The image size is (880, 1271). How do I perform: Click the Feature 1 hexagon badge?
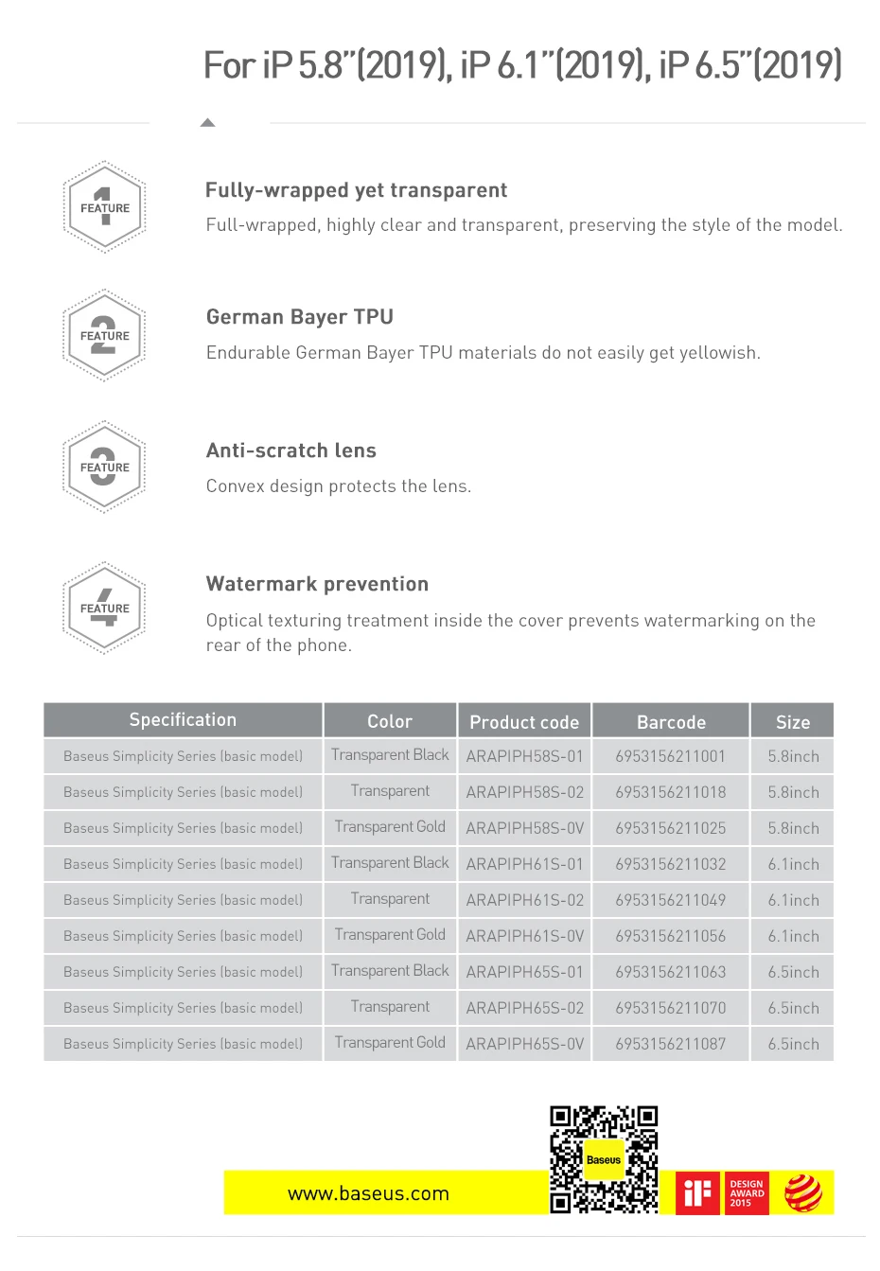(104, 207)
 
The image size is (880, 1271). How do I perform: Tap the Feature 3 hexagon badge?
(104, 467)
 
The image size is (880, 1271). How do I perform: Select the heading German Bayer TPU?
(300, 317)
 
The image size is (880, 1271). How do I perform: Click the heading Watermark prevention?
(317, 584)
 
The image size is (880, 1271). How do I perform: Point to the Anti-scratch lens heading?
(291, 450)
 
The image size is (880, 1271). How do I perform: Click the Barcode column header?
(671, 722)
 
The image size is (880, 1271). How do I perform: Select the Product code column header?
(524, 722)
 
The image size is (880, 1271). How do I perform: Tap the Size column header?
(793, 722)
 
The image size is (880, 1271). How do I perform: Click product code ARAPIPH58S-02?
(525, 792)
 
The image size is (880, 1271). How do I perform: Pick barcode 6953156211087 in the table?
(671, 1044)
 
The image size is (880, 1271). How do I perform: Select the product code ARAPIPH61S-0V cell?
(525, 936)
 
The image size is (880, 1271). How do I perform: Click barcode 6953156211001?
(671, 756)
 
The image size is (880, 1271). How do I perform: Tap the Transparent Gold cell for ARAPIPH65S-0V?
(390, 1043)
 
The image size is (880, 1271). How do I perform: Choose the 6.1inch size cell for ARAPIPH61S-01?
(793, 864)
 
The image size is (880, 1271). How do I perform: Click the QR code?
(604, 1159)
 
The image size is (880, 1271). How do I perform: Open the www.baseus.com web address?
(368, 1193)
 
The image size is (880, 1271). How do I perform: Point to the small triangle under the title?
(208, 122)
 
